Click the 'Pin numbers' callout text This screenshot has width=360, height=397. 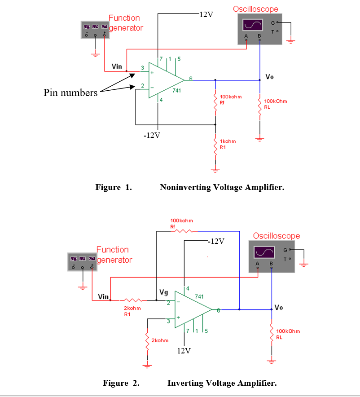(70, 93)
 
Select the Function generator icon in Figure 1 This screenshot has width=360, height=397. (95, 30)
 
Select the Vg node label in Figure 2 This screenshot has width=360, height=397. (164, 293)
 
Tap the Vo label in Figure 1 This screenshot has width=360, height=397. (269, 77)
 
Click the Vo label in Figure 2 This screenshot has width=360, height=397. (279, 308)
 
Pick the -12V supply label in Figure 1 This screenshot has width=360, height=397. (151, 136)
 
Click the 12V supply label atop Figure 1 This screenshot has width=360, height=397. (206, 14)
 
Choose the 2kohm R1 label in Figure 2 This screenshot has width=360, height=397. (132, 311)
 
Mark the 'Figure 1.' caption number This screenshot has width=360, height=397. (114, 187)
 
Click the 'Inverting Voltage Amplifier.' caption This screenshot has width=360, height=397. (222, 383)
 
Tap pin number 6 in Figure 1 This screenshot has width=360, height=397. (190, 79)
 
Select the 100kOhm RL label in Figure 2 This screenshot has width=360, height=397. (288, 334)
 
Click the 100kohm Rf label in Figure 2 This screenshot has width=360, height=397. (182, 223)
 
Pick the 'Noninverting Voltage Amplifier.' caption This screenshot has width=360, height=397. (222, 187)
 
